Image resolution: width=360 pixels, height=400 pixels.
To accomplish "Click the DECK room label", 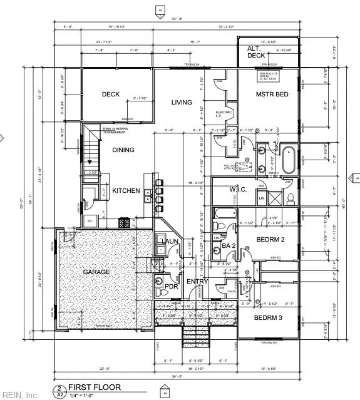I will coord(111,95).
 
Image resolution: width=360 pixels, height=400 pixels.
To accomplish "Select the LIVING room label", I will coord(182,102).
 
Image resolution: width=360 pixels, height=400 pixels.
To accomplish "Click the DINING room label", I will coord(123,150).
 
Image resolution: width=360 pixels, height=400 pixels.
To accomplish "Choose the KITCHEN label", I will coord(125,190).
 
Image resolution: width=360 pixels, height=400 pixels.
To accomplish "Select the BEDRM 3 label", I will coord(269,318).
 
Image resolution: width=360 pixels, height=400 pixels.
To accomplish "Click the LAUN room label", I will coord(171,241).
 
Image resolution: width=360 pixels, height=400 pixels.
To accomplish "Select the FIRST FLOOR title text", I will coord(95,387).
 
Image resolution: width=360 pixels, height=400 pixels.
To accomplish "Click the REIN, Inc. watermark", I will coord(20,395).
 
